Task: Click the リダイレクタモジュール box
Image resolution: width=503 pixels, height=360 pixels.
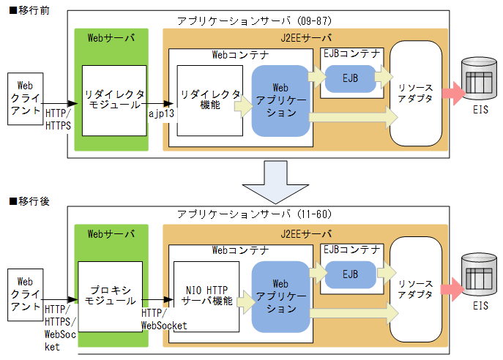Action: (113, 100)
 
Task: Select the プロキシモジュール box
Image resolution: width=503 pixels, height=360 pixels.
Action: (110, 296)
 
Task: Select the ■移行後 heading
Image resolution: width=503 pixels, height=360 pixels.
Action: (25, 201)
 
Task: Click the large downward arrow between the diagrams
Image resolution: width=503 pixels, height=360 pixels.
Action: (272, 183)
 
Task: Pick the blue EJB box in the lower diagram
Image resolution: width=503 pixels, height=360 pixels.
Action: (349, 274)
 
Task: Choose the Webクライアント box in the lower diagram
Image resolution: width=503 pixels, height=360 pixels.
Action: (25, 294)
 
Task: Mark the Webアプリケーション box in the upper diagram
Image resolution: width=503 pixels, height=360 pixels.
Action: (280, 100)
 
